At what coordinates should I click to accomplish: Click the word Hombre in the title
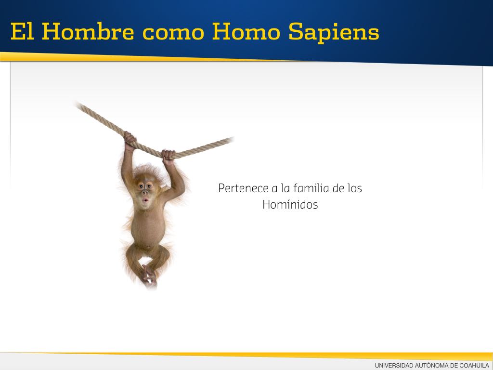click(88, 31)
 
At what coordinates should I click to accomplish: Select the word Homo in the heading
click(246, 31)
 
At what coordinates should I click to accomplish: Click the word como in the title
click(173, 34)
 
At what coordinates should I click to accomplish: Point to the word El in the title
click(22, 31)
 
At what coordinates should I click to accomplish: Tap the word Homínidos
click(290, 204)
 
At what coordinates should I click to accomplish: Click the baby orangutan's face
click(145, 192)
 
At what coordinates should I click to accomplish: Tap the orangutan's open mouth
click(145, 200)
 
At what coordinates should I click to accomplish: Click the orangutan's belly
click(148, 228)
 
